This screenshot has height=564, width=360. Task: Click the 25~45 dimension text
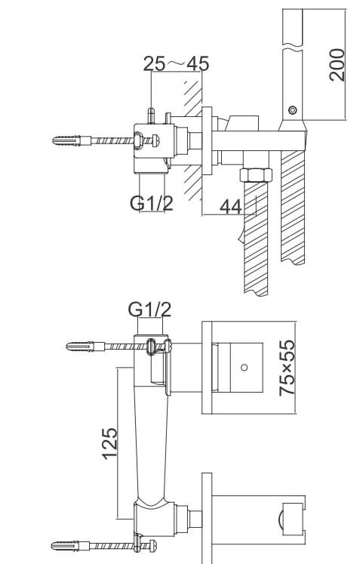click(x=176, y=63)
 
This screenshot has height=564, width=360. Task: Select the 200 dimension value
click(x=337, y=65)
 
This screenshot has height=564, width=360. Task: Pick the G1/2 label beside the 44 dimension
click(x=151, y=202)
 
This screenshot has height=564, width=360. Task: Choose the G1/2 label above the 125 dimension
click(x=149, y=309)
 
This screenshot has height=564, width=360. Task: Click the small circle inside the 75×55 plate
click(x=243, y=368)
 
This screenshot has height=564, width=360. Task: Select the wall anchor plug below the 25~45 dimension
click(x=72, y=141)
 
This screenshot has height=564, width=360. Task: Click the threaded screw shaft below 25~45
click(x=113, y=140)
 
